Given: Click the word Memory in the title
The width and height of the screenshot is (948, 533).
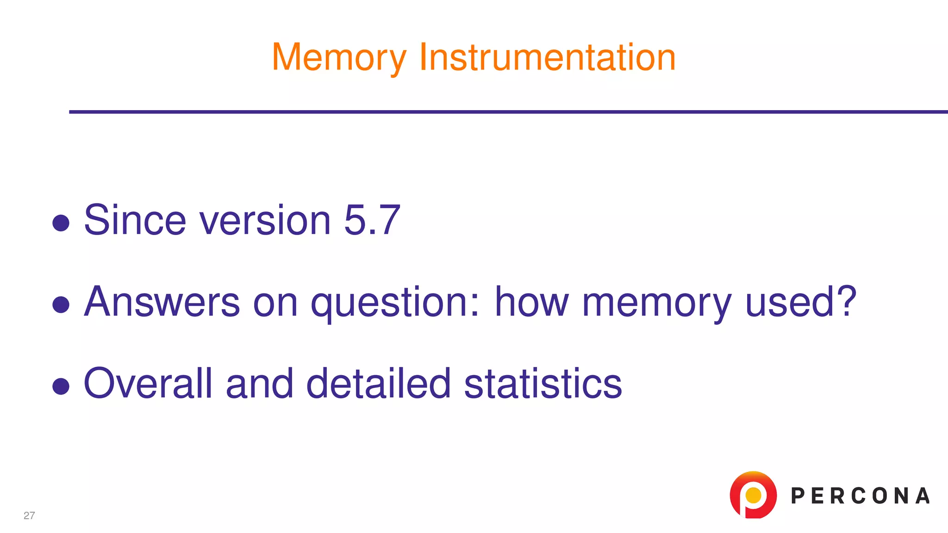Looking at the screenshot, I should (x=339, y=58).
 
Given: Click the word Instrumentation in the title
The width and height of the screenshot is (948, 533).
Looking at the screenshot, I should (x=547, y=57).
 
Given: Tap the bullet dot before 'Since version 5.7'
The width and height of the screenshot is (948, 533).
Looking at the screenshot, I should (x=61, y=223).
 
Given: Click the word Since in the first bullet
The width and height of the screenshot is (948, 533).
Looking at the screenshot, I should (x=135, y=220).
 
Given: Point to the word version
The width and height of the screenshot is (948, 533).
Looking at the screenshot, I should (x=265, y=220).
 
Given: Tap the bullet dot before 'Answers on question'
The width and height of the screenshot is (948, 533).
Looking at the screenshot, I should (x=61, y=304).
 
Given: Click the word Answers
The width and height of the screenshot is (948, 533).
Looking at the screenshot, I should (x=162, y=302).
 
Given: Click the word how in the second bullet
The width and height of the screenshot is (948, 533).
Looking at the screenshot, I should (x=531, y=302).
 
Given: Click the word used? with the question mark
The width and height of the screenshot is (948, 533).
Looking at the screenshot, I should (x=801, y=302).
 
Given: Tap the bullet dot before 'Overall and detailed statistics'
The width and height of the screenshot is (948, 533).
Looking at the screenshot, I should (x=61, y=386).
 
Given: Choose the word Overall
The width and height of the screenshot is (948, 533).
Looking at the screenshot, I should (x=148, y=383).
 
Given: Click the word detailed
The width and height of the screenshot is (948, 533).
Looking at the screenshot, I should (x=378, y=383).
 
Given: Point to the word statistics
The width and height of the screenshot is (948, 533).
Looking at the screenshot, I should (x=543, y=383).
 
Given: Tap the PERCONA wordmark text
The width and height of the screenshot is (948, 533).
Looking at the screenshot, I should (x=860, y=496).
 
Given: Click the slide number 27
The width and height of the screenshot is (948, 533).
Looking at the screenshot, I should (x=29, y=515).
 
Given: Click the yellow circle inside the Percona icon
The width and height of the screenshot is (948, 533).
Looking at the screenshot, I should (x=754, y=495).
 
